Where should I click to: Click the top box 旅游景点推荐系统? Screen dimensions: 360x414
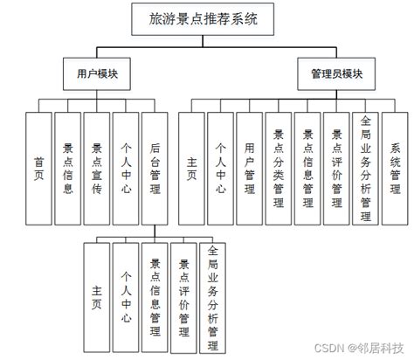point(204,17)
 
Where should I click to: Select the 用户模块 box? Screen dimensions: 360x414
point(97,75)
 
